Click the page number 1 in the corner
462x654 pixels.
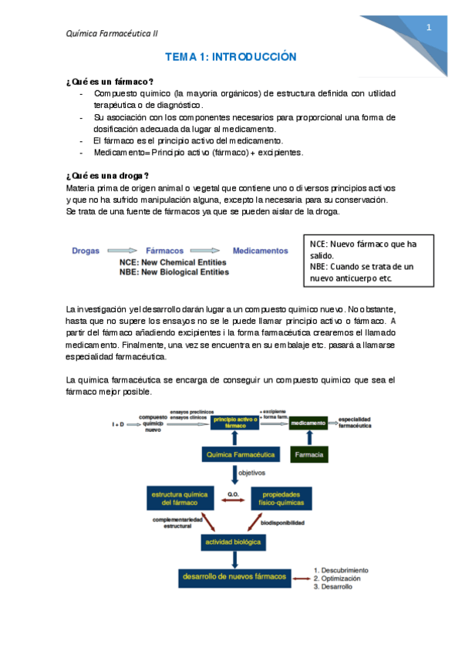coord(429,28)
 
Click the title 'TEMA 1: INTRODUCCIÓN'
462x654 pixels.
coord(231,58)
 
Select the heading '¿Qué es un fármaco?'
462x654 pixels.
coord(110,82)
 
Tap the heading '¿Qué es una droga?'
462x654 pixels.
coord(109,176)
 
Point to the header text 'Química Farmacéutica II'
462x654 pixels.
coord(113,33)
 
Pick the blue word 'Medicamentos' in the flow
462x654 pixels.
coord(260,251)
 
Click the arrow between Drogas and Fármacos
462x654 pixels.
coord(123,251)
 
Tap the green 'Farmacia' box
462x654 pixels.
coord(309,454)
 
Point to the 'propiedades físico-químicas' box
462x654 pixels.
coord(283,497)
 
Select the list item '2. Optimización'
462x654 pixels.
coord(337,578)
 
